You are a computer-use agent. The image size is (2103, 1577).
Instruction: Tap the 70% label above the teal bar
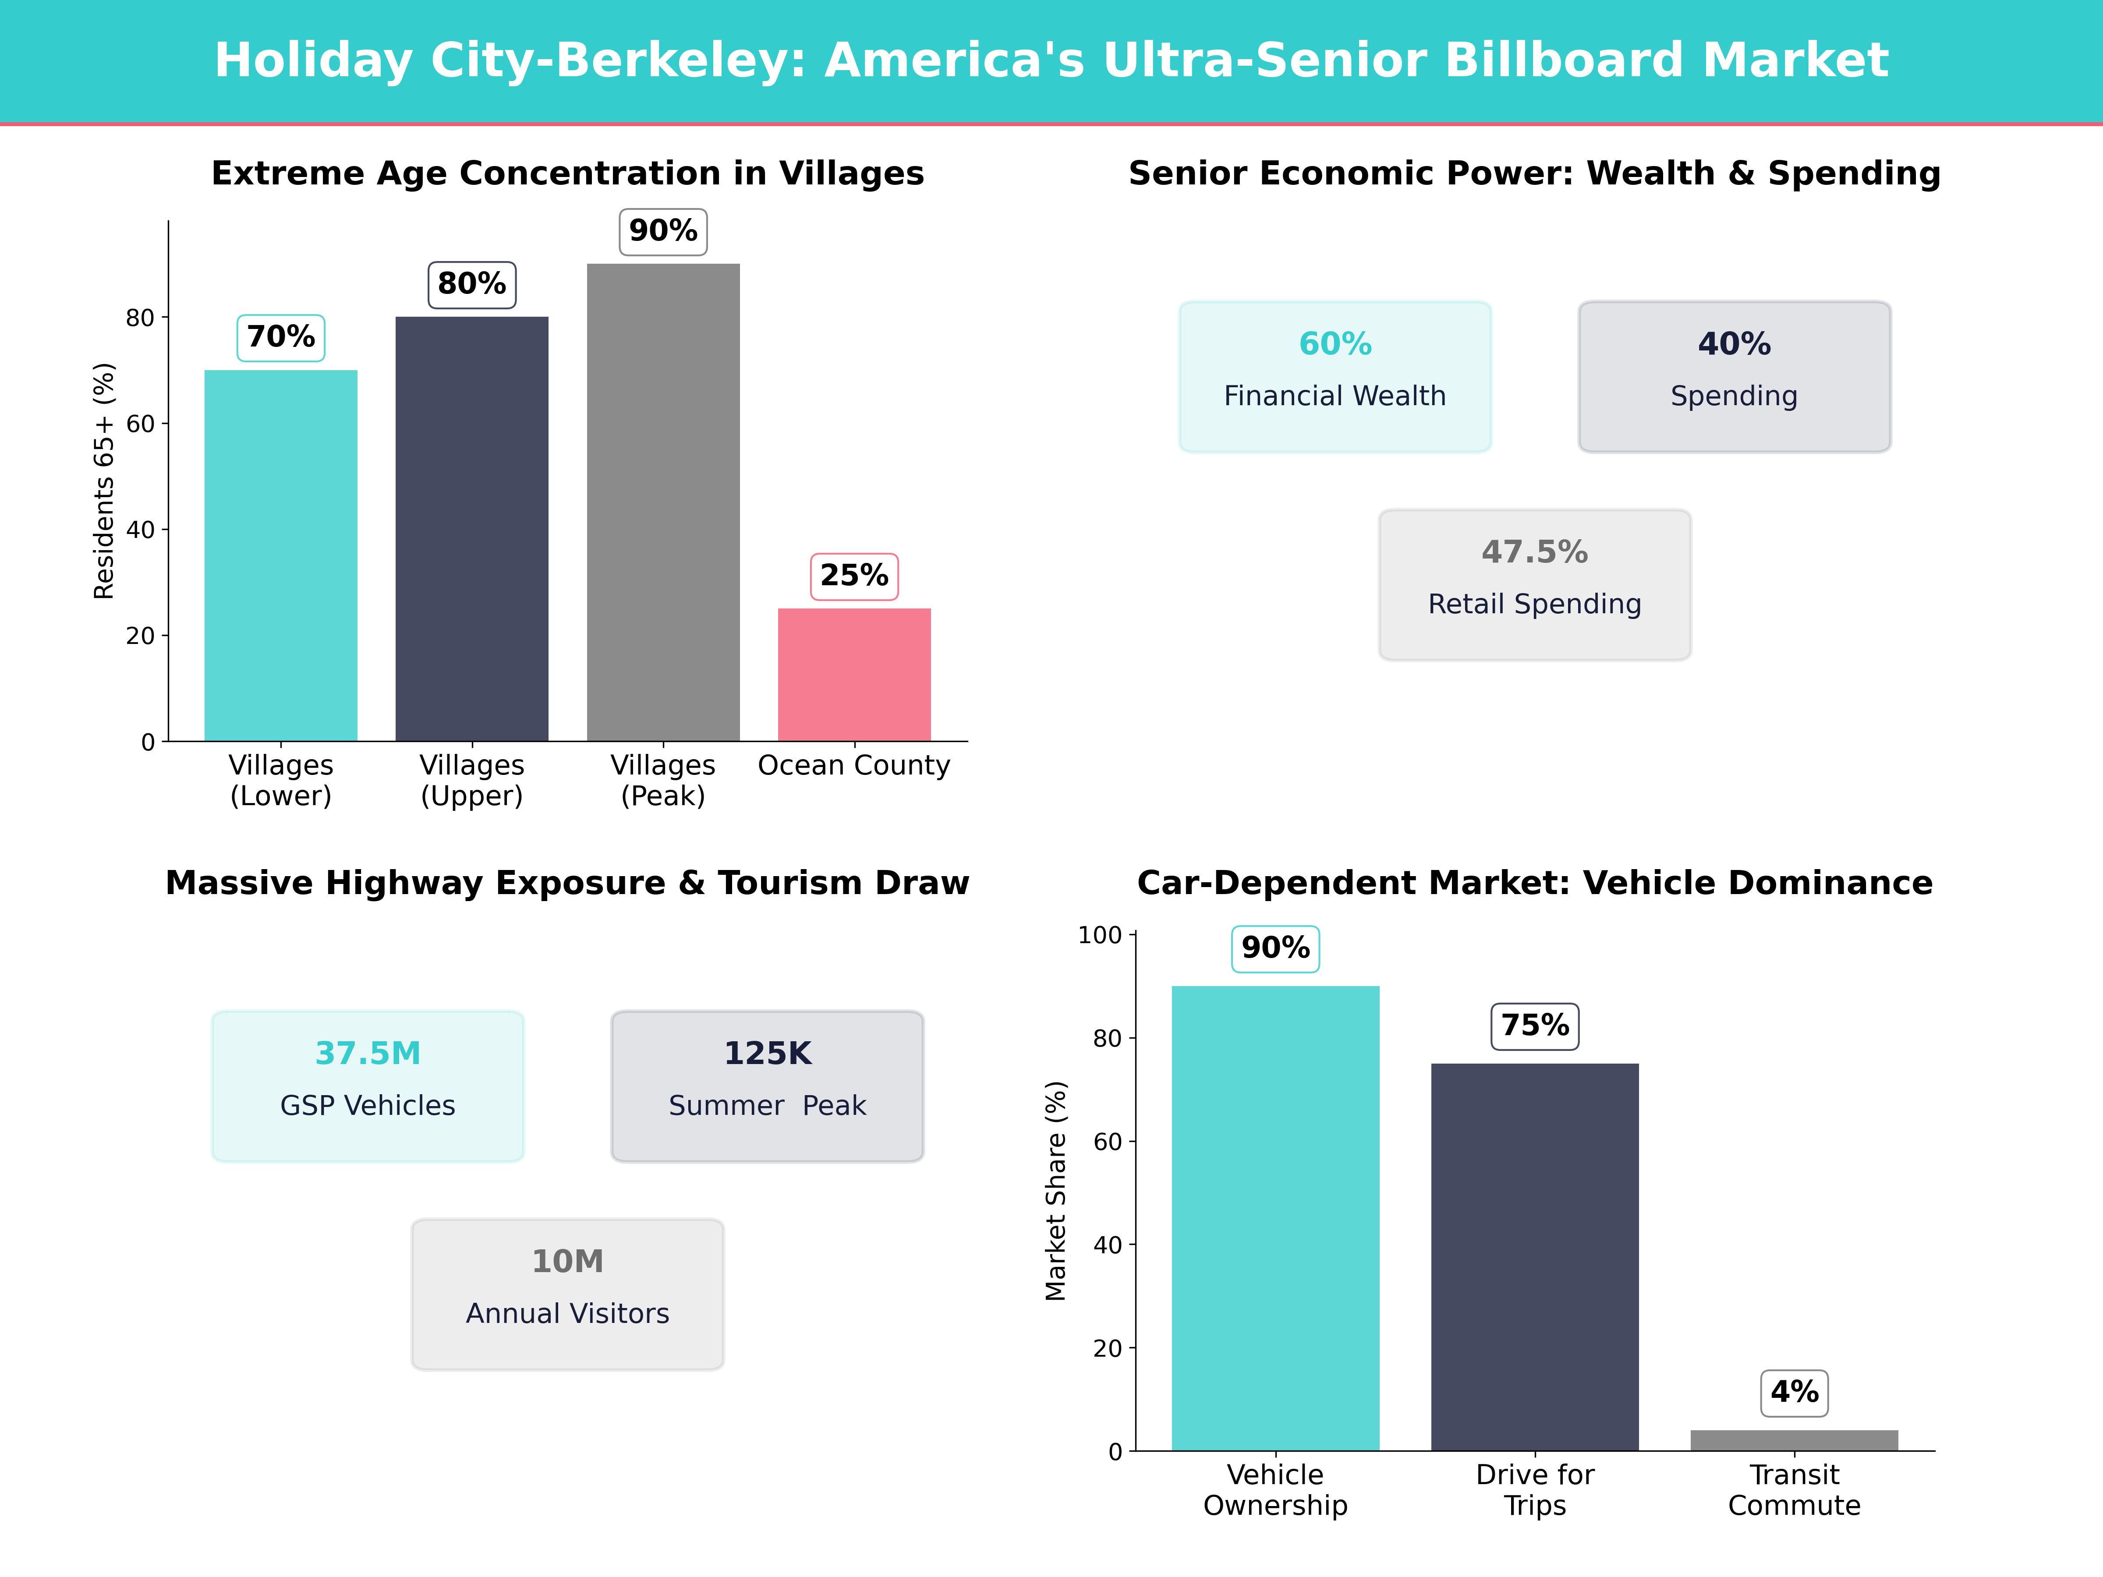(x=280, y=337)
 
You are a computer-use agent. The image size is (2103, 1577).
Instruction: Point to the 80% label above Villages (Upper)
(x=471, y=284)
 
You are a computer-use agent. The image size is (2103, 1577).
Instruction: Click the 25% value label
(x=854, y=576)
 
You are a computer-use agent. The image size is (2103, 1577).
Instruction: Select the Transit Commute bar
(x=1794, y=1440)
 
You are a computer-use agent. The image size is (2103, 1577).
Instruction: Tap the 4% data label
(x=1794, y=1393)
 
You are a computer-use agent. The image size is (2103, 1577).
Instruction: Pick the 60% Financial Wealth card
(x=1335, y=376)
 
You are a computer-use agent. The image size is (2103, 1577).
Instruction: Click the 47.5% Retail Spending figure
(x=1534, y=552)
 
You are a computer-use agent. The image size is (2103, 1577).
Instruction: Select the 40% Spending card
(x=1734, y=376)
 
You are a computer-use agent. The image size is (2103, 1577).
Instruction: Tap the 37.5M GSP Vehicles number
(x=368, y=1053)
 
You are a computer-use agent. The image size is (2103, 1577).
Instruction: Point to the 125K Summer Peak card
(x=767, y=1086)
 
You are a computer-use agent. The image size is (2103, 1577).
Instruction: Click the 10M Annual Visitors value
(x=567, y=1262)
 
